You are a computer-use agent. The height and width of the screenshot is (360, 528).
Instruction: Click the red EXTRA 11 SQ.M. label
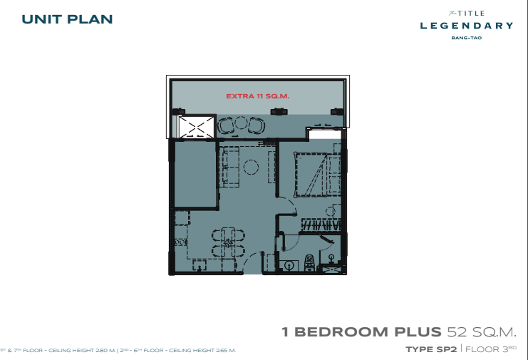coord(258,96)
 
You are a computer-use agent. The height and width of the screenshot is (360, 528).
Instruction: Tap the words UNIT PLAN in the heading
coord(67,19)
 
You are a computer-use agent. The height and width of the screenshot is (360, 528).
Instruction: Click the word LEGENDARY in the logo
coord(467,26)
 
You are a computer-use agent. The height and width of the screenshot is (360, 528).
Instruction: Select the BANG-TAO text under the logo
coord(467,38)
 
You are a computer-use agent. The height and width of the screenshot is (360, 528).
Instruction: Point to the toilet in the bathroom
coord(309,263)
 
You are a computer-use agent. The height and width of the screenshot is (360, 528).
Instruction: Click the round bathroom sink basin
coord(289,266)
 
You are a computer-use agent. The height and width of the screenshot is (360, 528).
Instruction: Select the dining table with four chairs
coord(228,242)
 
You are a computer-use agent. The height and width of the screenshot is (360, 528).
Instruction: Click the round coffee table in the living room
coord(251,167)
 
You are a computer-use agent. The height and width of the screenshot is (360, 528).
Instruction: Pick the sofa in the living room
coord(229,166)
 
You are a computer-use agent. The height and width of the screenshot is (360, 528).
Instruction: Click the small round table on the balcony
coord(241,123)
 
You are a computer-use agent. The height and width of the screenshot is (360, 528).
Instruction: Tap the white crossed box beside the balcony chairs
coord(197,128)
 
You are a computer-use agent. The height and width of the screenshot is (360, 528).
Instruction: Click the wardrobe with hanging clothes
coord(321,225)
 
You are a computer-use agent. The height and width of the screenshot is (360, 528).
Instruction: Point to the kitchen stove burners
coord(180,242)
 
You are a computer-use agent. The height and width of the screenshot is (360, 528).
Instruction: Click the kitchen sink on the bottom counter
coord(200,265)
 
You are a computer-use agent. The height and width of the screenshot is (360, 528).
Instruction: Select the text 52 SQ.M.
coord(482,332)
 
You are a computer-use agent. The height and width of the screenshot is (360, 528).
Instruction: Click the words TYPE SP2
coord(431,349)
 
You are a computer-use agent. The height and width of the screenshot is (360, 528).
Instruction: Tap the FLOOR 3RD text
coord(491,349)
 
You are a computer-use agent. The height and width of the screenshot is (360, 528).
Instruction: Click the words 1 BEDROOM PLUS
coord(361,332)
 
